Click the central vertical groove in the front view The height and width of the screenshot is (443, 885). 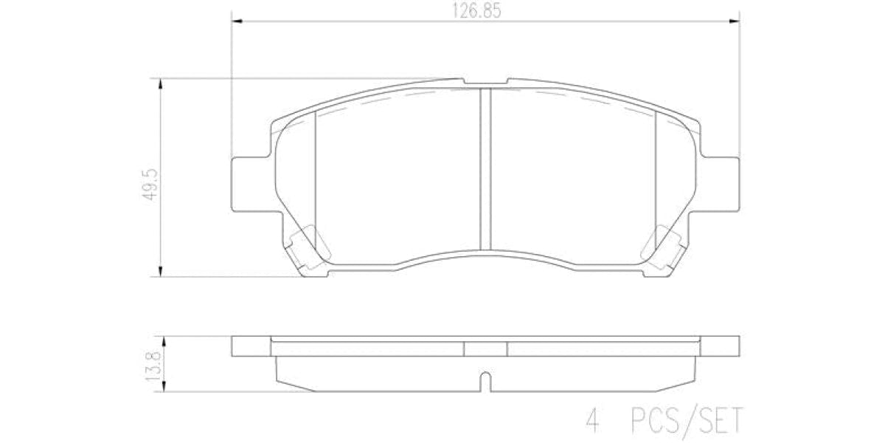pyautogui.click(x=485, y=170)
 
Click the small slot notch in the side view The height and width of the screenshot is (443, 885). pyautogui.click(x=485, y=382)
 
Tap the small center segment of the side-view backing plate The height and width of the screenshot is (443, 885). pyautogui.click(x=485, y=347)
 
